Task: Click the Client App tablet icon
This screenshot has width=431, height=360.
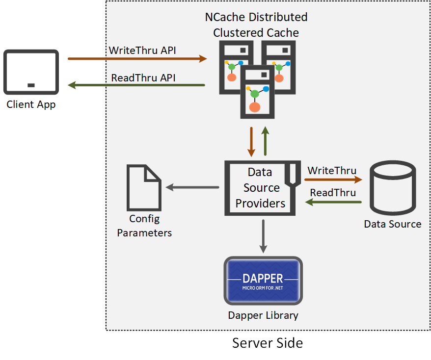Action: click(x=31, y=72)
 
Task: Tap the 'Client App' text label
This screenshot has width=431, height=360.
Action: click(x=31, y=104)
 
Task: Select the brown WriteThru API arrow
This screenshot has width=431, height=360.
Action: click(x=137, y=59)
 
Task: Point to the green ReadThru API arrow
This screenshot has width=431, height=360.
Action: click(x=137, y=85)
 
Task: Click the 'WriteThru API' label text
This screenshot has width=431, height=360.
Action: click(x=142, y=50)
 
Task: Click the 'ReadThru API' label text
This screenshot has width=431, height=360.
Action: click(x=143, y=77)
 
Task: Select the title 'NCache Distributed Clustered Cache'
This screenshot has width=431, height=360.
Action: click(x=256, y=25)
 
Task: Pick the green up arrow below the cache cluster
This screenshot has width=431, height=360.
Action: click(x=265, y=141)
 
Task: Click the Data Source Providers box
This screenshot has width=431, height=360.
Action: click(x=260, y=188)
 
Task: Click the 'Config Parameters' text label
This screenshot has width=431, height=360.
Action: click(x=144, y=226)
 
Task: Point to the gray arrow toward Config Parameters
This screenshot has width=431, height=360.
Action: click(x=192, y=187)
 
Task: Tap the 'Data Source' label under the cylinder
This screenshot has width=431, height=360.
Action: click(x=392, y=224)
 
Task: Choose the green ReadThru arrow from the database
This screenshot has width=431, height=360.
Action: click(x=333, y=202)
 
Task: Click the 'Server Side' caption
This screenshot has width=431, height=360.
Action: click(x=267, y=343)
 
